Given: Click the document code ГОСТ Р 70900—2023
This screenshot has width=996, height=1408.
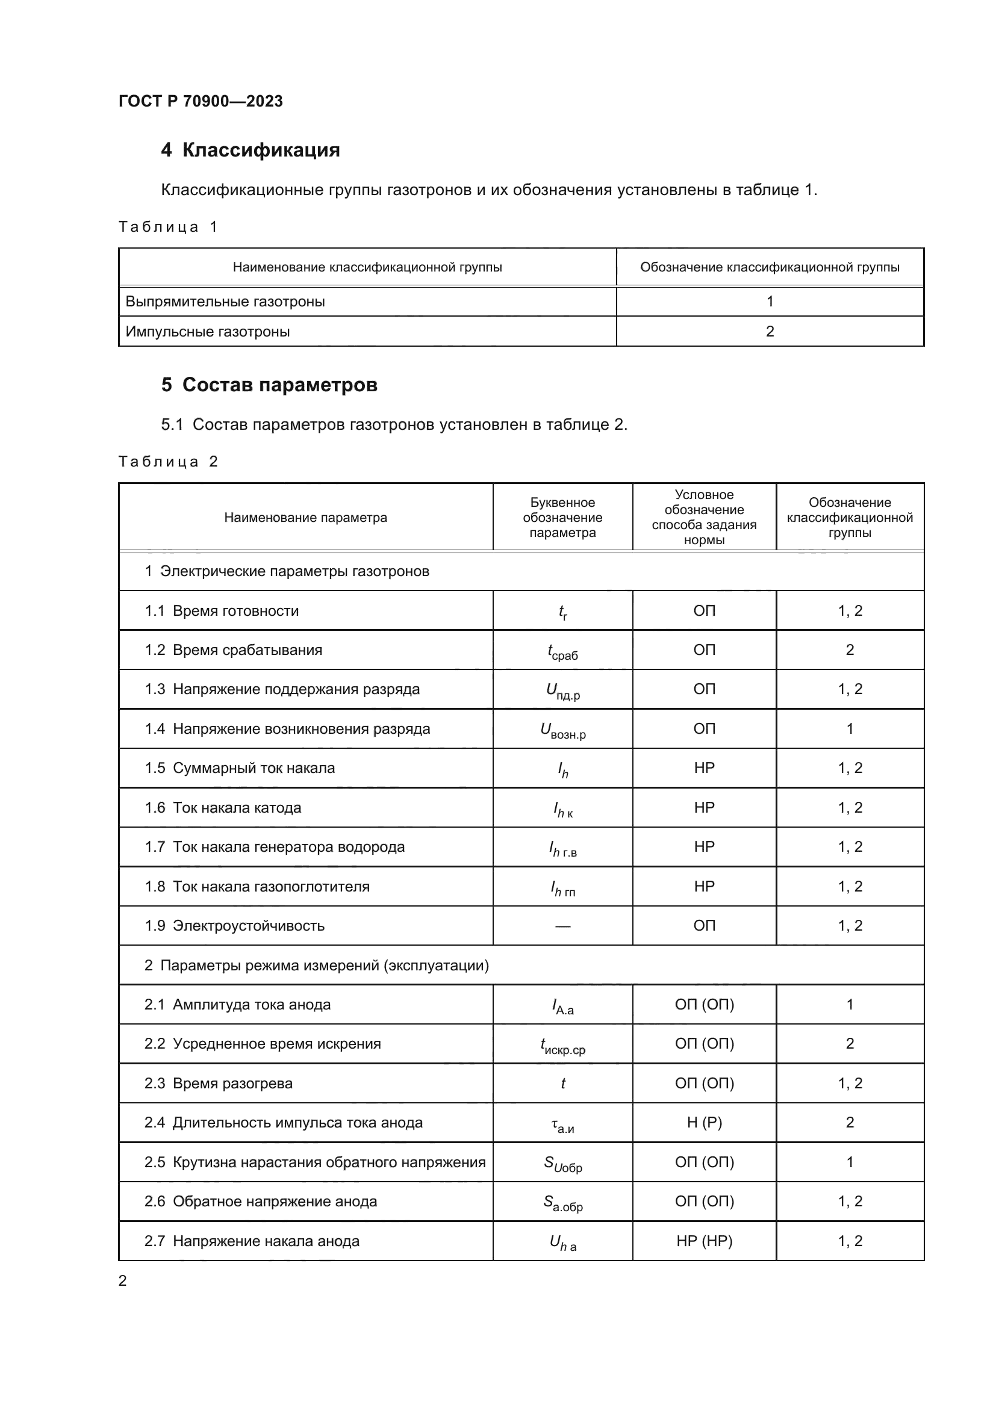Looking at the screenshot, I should coord(201,101).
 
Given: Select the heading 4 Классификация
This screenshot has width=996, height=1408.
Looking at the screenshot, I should coord(251,150).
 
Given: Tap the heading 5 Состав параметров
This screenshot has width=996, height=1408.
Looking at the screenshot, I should coord(269,385).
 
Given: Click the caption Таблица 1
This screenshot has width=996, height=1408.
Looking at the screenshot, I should coord(168,227).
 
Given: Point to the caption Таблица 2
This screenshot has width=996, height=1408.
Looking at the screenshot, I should coord(168,462).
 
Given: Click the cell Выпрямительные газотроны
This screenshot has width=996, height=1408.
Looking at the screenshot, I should coord(225,302).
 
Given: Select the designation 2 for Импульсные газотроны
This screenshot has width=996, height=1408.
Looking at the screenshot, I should coord(770,332).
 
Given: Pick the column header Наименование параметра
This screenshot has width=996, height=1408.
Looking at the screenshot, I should coord(305,518).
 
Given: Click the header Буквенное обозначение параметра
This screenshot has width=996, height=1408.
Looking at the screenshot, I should coord(562,518).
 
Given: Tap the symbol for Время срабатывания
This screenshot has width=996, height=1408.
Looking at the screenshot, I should coord(562,651).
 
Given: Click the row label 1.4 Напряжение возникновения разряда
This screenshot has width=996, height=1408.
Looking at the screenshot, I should coord(287,729).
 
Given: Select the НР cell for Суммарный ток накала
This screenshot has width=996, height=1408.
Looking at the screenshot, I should coord(704,768).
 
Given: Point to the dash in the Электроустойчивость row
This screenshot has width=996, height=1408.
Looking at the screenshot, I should coord(562,926).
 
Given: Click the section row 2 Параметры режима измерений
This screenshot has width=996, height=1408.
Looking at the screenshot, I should coord(317,966).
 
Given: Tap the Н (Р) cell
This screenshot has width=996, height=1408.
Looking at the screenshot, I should coord(704,1123).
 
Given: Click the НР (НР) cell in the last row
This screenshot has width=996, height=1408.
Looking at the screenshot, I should coord(704,1241).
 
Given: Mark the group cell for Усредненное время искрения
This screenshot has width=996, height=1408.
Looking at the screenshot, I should coord(850,1044).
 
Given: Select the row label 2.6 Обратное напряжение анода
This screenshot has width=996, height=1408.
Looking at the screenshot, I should coord(261,1202).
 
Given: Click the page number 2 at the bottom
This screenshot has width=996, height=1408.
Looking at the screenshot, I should coord(123,1280).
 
